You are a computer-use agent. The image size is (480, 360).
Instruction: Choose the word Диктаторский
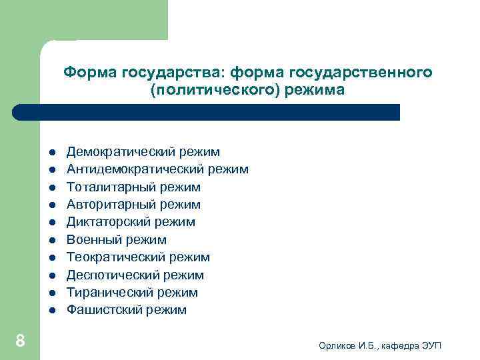click(x=103, y=222)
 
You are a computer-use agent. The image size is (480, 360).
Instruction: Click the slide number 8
click(x=20, y=341)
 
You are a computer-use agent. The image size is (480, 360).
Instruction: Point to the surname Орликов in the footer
click(x=337, y=345)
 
